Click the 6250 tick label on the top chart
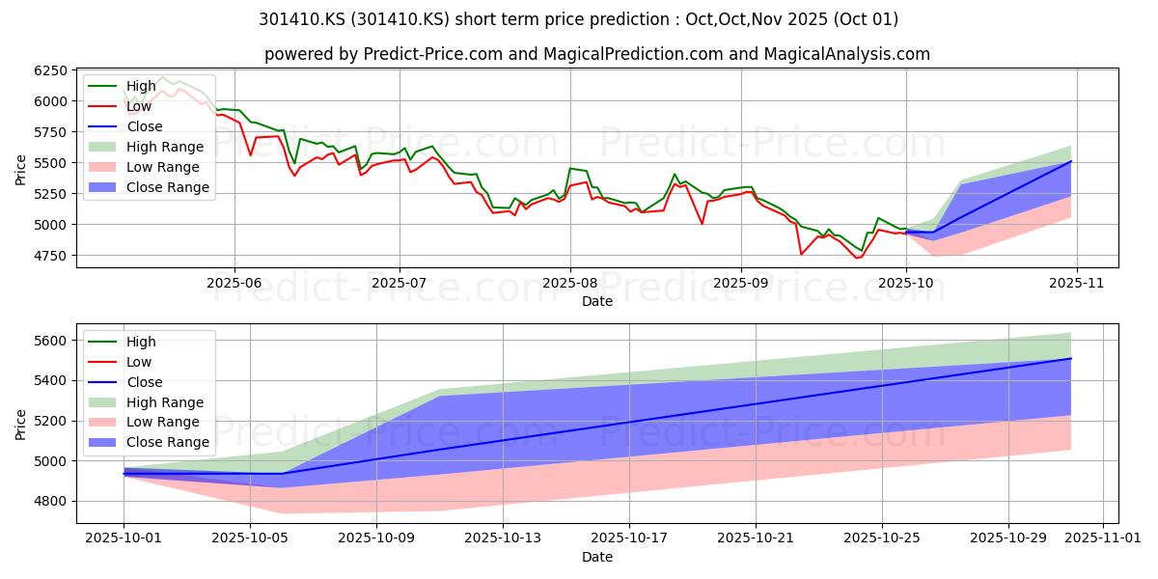pyautogui.click(x=50, y=70)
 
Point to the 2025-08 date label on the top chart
pyautogui.click(x=570, y=283)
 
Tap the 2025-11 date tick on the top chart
pyautogui.click(x=1076, y=283)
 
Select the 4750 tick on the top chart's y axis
pyautogui.click(x=50, y=256)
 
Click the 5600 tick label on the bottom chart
pyautogui.click(x=50, y=341)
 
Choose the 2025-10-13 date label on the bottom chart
pyautogui.click(x=503, y=538)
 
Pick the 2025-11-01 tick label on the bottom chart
pyautogui.click(x=1103, y=538)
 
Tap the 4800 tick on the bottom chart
pyautogui.click(x=50, y=502)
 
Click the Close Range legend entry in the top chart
pyautogui.click(x=149, y=187)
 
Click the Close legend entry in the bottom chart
pyautogui.click(x=125, y=382)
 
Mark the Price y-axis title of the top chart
pyautogui.click(x=20, y=170)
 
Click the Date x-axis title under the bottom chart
pyautogui.click(x=597, y=557)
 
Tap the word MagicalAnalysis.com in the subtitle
pyautogui.click(x=847, y=54)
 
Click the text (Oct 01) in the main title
pyautogui.click(x=866, y=19)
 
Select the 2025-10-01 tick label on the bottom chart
pyautogui.click(x=124, y=538)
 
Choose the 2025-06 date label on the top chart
pyautogui.click(x=234, y=283)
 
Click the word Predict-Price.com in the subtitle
pyautogui.click(x=433, y=54)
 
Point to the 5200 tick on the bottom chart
pyautogui.click(x=50, y=421)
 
